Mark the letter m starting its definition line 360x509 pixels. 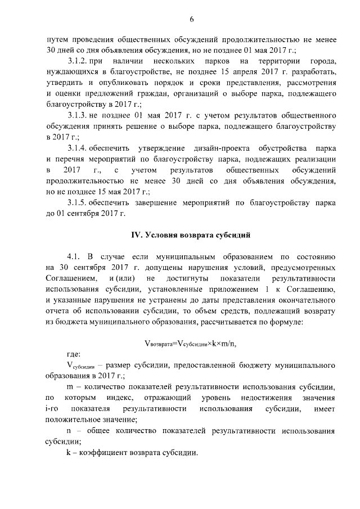tap(69, 388)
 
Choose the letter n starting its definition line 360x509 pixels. tap(69, 431)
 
